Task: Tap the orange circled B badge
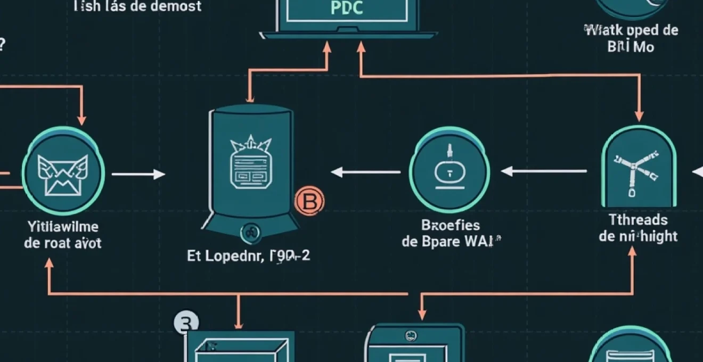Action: [309, 201]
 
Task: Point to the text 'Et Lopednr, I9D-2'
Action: [249, 256]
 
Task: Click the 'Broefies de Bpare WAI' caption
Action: [448, 233]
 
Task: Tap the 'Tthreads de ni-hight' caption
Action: [638, 227]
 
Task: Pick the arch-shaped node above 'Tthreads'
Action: [639, 167]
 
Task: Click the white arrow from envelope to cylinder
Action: [138, 174]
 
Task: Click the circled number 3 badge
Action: [186, 322]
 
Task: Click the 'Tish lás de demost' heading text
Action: [138, 6]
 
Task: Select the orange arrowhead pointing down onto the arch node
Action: [639, 116]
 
